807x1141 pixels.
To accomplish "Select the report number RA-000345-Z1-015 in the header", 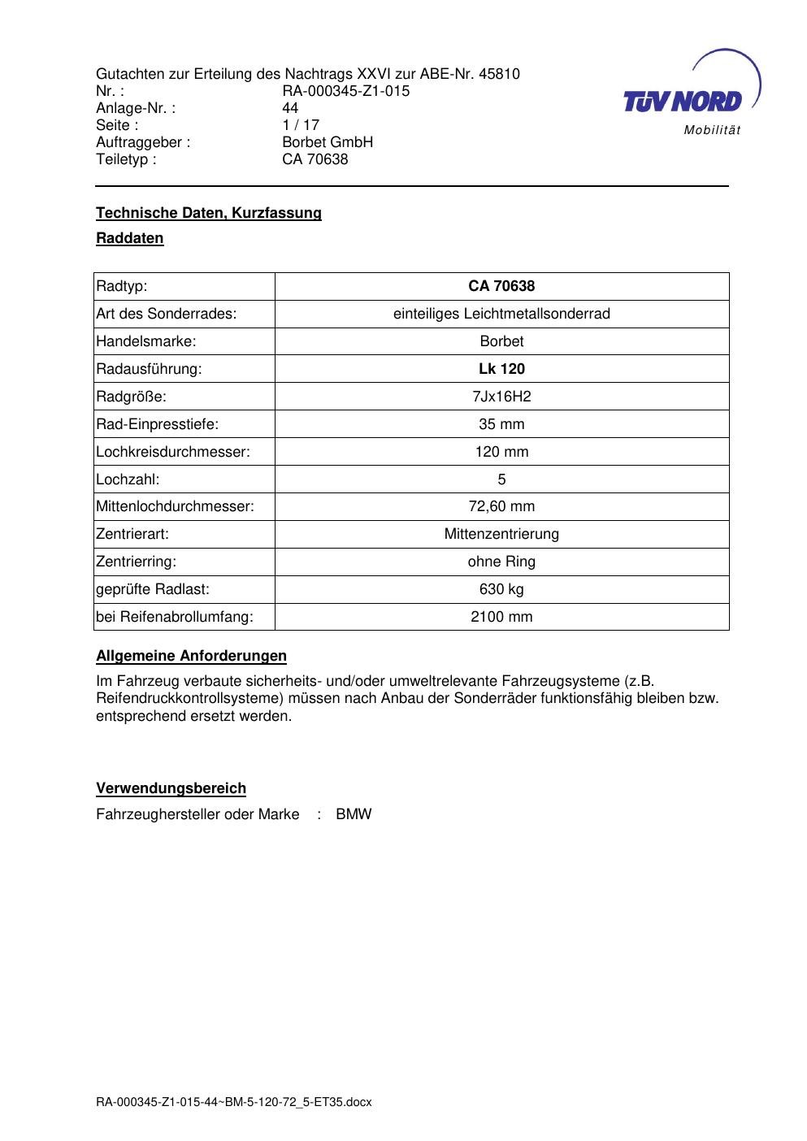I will tap(345, 91).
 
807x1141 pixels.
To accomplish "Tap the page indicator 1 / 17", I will tap(301, 125).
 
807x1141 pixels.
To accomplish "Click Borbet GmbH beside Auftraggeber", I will tap(327, 142).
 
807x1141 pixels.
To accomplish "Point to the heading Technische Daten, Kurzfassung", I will tap(209, 213).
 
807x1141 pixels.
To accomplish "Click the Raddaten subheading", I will tap(130, 238).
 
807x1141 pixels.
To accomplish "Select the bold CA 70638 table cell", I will tap(501, 286).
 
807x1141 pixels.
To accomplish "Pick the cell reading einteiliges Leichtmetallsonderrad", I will tap(501, 314).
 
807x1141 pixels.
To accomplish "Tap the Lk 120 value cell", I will tap(501, 369).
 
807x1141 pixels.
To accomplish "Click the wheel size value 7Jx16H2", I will tap(501, 397).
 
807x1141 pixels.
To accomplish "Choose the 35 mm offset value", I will tap(501, 424).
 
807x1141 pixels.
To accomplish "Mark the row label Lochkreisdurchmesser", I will tap(173, 452).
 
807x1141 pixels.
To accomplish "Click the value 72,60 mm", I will tap(501, 506).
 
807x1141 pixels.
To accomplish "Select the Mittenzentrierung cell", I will tap(501, 534).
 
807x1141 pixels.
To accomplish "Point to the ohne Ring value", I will tap(501, 562).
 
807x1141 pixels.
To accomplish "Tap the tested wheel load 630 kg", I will tap(501, 589).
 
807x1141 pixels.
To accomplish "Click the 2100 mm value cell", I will tap(501, 617).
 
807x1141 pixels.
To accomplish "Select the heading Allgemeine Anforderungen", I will tap(191, 656).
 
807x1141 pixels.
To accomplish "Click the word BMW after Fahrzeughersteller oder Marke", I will tap(354, 814).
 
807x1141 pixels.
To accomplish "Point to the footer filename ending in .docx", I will tap(234, 1102).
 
